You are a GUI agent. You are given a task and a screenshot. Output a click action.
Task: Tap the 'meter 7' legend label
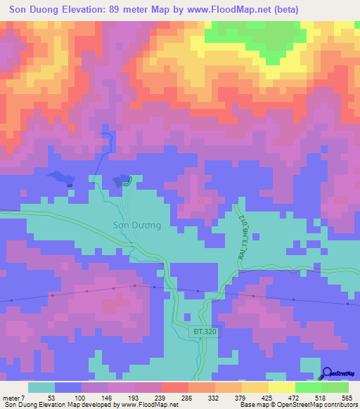[x=12, y=397]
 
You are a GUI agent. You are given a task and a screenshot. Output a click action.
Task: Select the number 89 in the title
[x=130, y=10]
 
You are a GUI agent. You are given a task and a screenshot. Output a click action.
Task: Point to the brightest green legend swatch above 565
[x=335, y=387]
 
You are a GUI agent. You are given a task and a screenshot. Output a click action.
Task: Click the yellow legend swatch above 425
[x=281, y=387]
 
